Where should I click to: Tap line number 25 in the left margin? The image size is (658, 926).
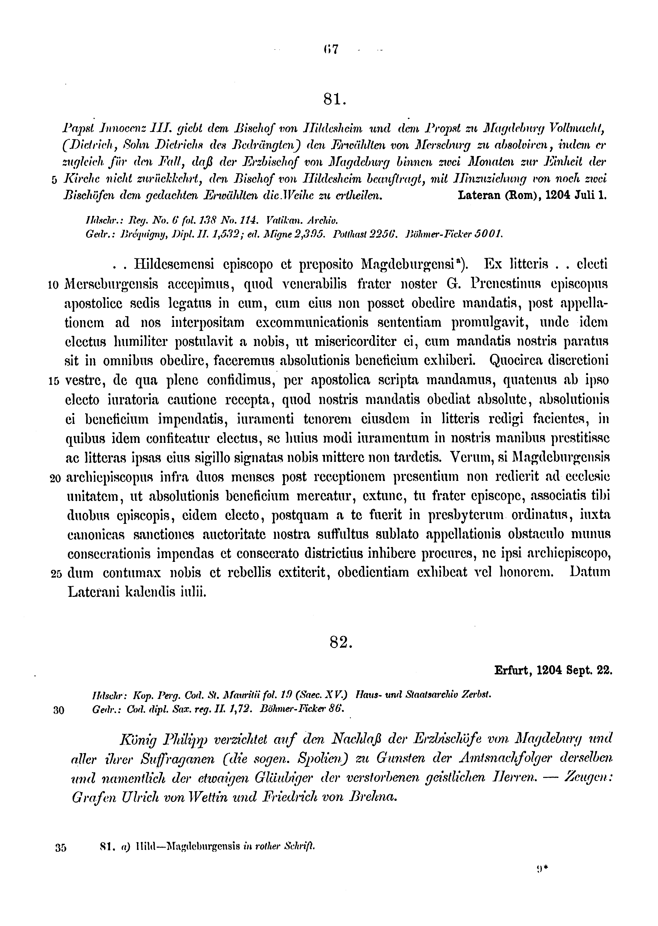(56, 574)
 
